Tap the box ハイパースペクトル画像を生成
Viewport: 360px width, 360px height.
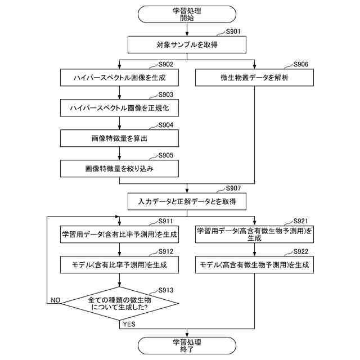pyautogui.click(x=119, y=78)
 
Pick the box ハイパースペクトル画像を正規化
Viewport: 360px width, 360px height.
pyautogui.click(x=119, y=107)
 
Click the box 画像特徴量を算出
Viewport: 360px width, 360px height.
pyautogui.click(x=119, y=138)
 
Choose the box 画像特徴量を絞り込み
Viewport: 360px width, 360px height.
pyautogui.click(x=119, y=168)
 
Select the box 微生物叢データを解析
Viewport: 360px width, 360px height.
pyautogui.click(x=254, y=78)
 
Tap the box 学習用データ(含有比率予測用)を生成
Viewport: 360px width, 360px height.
pyautogui.click(x=119, y=233)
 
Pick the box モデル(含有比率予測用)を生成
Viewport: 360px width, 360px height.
pyautogui.click(x=119, y=264)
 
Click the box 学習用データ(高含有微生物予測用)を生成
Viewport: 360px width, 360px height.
pyautogui.click(x=254, y=233)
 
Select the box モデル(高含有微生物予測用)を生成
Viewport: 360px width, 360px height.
pyautogui.click(x=254, y=264)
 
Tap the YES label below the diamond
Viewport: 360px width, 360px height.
pyautogui.click(x=128, y=324)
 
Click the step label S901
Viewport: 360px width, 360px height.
pyautogui.click(x=233, y=31)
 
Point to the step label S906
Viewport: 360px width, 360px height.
pyautogui.click(x=301, y=64)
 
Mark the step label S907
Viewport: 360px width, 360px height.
pyautogui.click(x=233, y=188)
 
